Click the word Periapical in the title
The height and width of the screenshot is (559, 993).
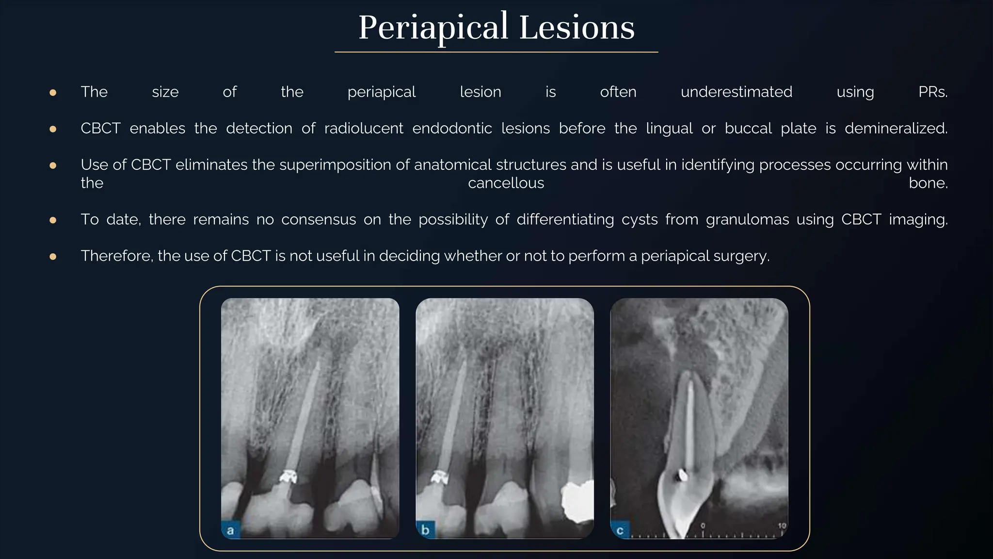tap(433, 28)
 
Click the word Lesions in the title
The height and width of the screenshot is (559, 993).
tap(577, 28)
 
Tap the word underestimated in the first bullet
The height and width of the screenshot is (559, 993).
tap(736, 92)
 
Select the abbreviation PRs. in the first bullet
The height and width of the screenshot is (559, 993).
tap(932, 92)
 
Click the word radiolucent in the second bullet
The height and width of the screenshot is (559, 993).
tap(364, 128)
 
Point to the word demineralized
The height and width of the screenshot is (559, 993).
tap(896, 128)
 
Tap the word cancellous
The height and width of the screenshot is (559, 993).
tap(506, 183)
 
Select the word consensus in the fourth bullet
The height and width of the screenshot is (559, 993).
tap(319, 219)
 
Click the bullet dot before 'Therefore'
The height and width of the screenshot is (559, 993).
tap(53, 256)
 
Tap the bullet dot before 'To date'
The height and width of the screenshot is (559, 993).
tap(53, 220)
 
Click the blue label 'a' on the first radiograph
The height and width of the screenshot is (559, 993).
tap(230, 530)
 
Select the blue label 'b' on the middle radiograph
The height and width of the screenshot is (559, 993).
tap(425, 530)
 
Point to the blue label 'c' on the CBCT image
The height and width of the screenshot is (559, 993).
tap(620, 530)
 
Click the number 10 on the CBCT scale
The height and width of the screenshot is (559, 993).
tap(782, 526)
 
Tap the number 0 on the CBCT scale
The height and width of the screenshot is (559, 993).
tap(703, 526)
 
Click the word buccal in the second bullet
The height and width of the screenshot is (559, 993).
tap(748, 128)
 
